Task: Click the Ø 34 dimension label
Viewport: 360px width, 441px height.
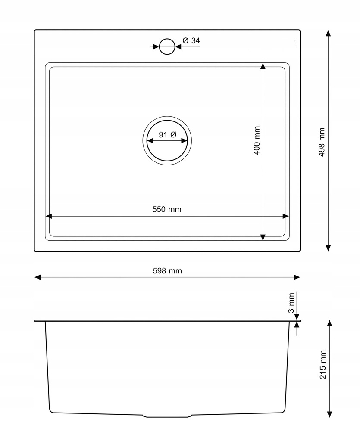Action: coord(191,41)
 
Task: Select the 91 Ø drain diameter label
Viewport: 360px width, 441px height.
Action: coord(167,135)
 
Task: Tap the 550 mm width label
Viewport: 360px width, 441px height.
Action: coord(167,209)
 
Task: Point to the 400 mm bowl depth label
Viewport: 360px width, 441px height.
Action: coord(257,141)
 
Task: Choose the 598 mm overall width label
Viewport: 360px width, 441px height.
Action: coord(167,271)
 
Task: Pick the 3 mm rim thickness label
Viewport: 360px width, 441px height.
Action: coord(291,303)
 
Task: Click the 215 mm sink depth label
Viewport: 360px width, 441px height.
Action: coord(322,364)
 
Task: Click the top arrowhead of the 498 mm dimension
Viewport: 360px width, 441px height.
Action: coord(328,33)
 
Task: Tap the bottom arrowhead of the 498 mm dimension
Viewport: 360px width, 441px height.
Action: coord(328,248)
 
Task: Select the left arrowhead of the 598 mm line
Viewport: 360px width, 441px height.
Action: coord(38,277)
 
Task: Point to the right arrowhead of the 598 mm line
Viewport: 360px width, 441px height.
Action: coord(297,277)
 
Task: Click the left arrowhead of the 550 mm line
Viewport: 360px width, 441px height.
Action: coord(49,216)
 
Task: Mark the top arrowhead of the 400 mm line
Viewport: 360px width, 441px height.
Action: coord(263,66)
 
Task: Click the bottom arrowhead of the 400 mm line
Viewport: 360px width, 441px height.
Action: coord(263,237)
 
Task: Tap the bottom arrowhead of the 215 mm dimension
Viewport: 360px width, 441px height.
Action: coord(329,414)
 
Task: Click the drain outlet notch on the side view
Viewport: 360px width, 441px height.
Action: coord(167,416)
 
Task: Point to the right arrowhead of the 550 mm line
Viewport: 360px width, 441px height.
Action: coord(286,216)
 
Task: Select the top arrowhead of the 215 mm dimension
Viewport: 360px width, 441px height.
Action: coord(329,323)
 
